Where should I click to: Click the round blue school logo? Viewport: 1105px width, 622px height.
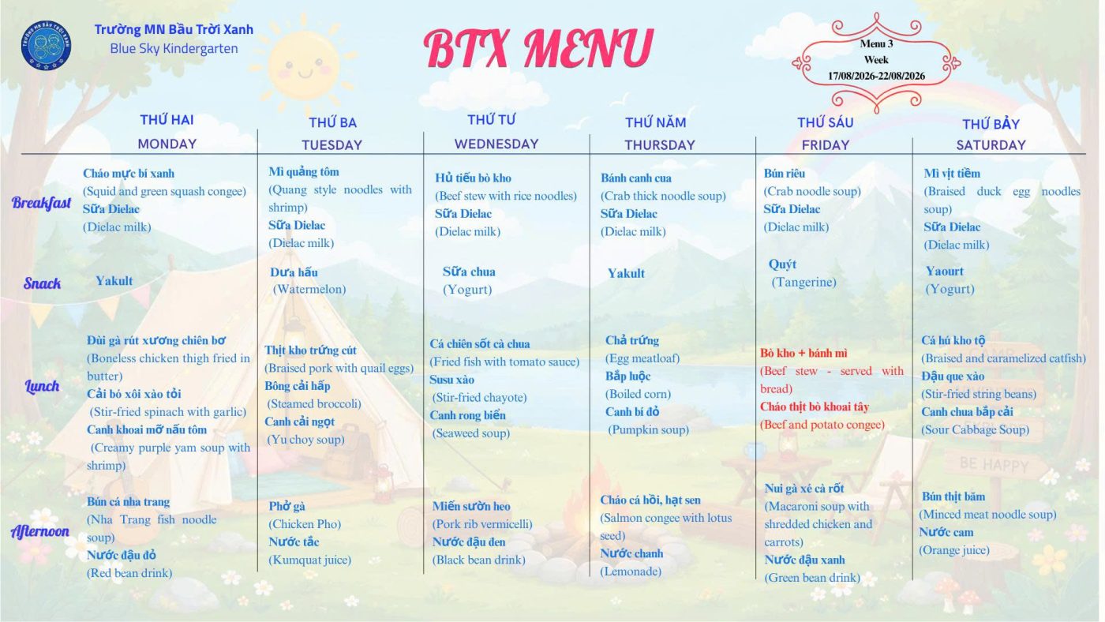tap(46, 45)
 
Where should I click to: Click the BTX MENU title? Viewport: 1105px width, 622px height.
tap(538, 48)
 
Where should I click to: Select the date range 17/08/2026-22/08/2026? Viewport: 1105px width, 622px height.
tap(876, 76)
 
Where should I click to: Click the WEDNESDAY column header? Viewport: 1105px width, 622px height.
tap(496, 144)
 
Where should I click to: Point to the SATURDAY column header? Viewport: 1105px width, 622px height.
tap(991, 145)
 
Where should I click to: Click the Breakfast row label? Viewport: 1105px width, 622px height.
tap(41, 203)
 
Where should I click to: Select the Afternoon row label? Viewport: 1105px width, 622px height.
tap(40, 531)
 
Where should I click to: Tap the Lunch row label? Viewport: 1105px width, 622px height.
tap(42, 386)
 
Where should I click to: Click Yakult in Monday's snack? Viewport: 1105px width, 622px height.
tap(114, 281)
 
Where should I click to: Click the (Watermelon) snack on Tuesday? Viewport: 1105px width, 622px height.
tap(309, 289)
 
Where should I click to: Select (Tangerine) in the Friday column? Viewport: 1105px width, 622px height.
tap(804, 282)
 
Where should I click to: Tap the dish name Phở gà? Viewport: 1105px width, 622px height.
tap(287, 506)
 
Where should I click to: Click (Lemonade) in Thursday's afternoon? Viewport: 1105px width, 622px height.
tap(631, 571)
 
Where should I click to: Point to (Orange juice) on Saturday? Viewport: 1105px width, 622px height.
tap(954, 550)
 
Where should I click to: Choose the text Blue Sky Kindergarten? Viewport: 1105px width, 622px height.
tap(174, 48)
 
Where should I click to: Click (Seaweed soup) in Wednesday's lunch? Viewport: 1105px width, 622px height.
tap(471, 433)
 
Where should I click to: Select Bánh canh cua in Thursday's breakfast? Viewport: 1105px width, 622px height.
tap(636, 178)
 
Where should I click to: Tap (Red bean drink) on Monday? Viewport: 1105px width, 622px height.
tap(129, 573)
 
